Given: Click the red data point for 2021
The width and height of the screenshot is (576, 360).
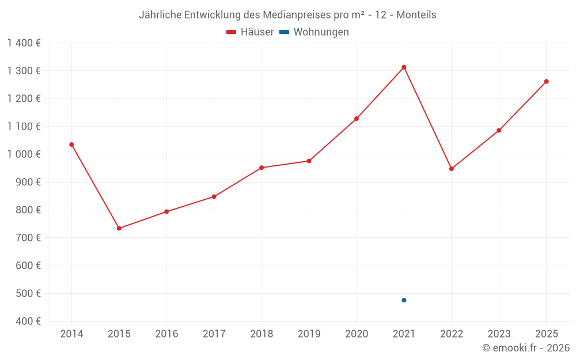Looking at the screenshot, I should click(404, 67).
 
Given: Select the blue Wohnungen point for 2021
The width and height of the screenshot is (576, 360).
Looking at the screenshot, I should click(404, 300).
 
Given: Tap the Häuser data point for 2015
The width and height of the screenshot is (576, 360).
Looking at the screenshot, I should click(119, 228).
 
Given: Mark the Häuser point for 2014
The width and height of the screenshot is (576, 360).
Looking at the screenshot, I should click(71, 145).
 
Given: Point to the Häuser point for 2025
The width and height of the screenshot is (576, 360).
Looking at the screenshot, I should click(546, 81).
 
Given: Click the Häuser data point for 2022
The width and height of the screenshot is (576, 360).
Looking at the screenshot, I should click(452, 169).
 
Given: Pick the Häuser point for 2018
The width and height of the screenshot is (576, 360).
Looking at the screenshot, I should click(262, 168).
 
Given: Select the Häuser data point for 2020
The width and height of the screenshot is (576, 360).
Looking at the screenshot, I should click(357, 119).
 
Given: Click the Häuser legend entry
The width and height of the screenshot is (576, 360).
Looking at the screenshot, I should click(250, 32).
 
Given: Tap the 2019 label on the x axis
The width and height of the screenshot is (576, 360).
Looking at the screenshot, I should click(309, 334).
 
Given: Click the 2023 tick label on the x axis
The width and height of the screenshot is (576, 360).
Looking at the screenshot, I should click(499, 334).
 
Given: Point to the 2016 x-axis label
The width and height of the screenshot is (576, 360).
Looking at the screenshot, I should click(166, 334).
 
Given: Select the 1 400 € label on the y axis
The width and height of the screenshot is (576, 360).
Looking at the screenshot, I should click(24, 43).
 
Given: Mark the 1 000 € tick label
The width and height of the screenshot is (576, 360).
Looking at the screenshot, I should click(24, 154).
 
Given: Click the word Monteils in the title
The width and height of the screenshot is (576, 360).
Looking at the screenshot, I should click(416, 15).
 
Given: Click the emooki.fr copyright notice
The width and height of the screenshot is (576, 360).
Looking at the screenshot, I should click(526, 348).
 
